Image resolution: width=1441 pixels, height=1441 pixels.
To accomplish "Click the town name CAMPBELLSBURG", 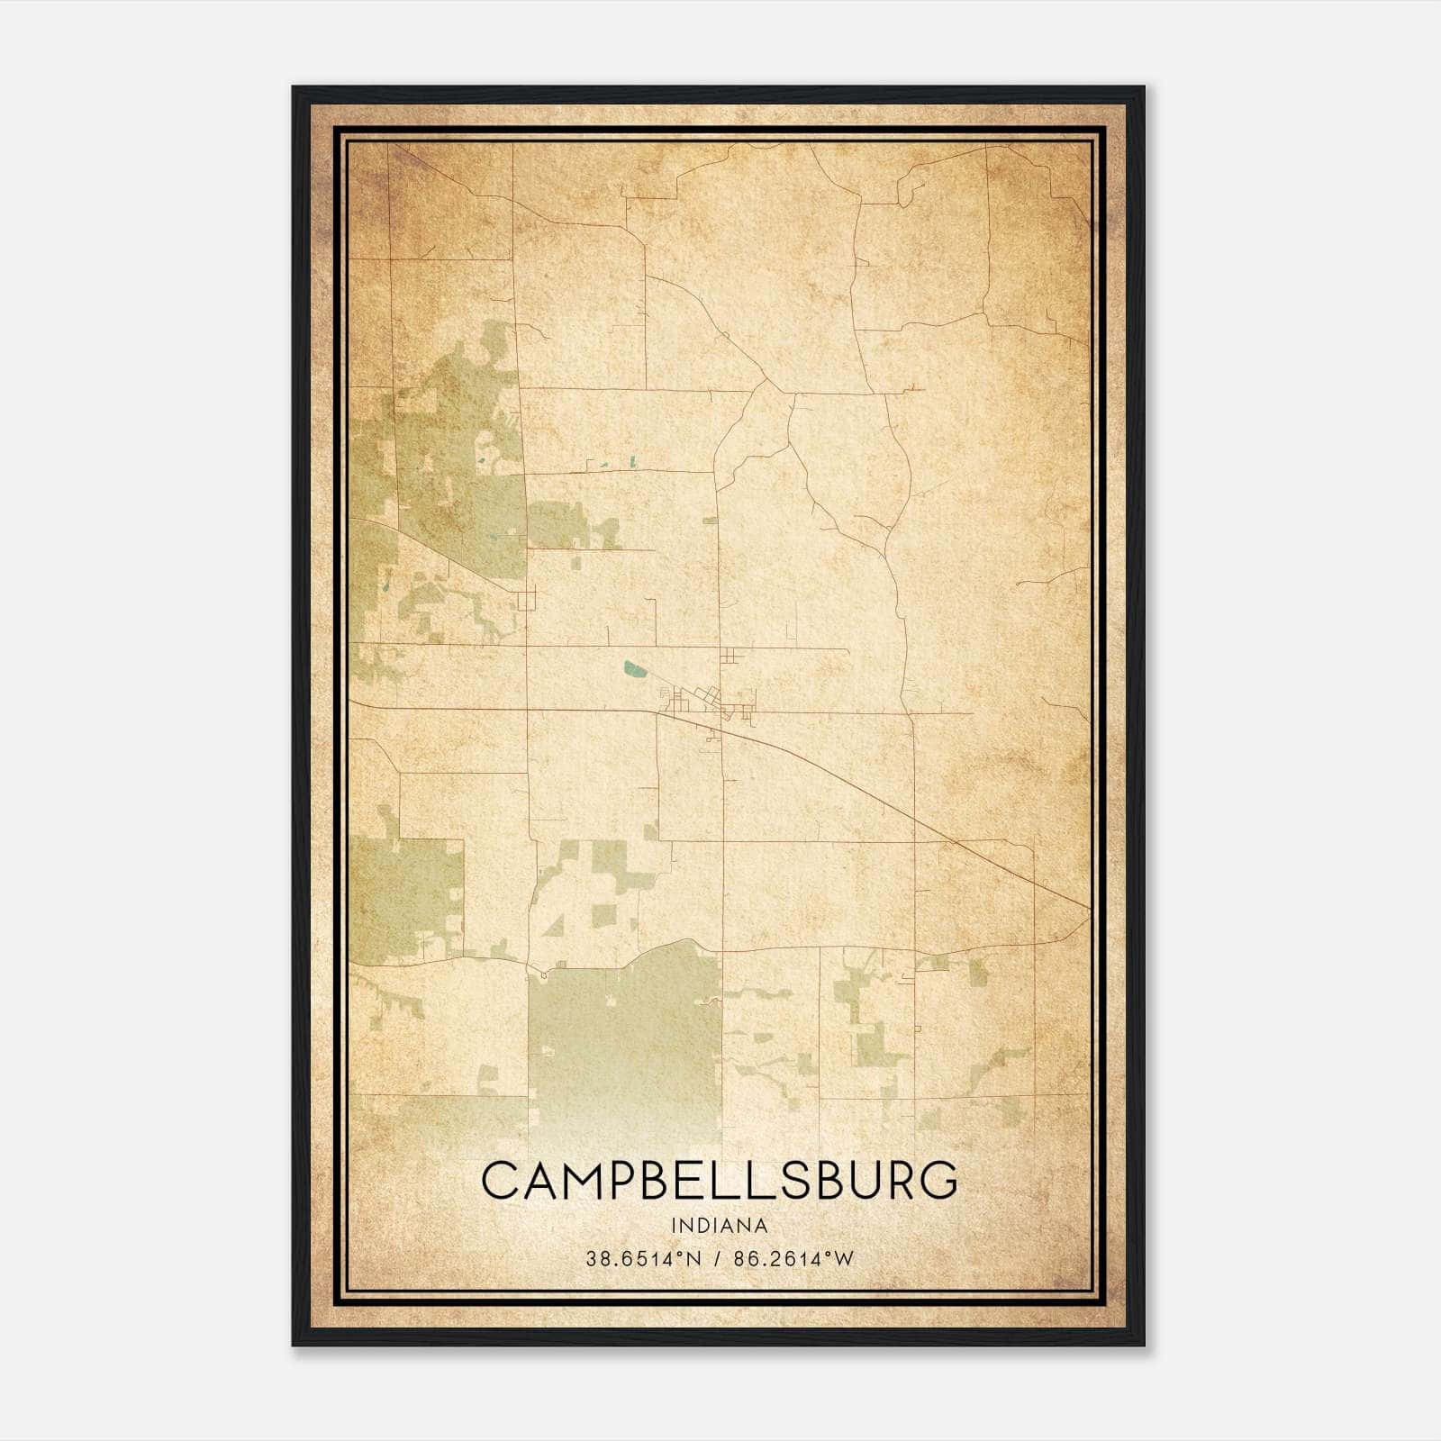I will [720, 1181].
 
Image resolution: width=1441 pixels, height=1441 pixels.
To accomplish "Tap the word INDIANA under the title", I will [720, 1226].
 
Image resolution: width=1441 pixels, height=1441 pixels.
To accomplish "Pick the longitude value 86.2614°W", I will [793, 1259].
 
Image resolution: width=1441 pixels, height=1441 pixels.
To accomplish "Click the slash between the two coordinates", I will [718, 1259].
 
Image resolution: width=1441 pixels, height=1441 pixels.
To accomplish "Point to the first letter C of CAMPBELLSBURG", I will [500, 1181].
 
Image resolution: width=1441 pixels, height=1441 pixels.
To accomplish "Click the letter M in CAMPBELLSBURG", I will [586, 1181].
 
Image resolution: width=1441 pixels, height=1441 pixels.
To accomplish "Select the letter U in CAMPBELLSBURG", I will [855, 1181].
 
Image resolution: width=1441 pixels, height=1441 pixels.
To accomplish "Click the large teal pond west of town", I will [635, 669].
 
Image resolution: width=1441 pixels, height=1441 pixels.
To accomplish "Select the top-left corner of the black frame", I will [294, 88].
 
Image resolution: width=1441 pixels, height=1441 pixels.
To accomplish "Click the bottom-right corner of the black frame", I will [1143, 1344].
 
